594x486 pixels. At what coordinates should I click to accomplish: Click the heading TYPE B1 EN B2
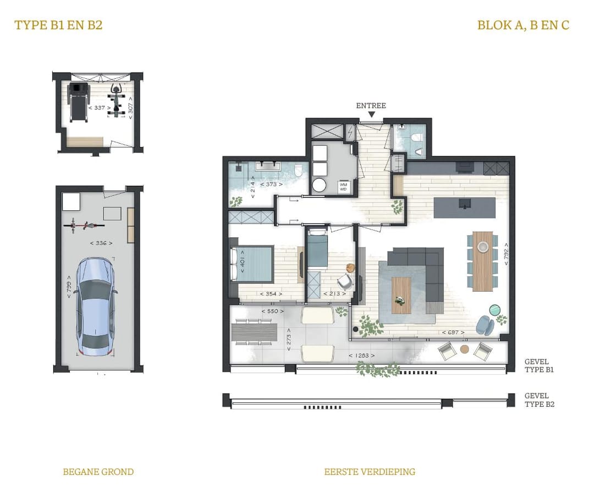coord(58,25)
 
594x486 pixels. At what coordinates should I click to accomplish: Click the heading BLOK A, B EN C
coord(523,25)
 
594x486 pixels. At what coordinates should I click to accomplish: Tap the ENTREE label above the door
coord(371,106)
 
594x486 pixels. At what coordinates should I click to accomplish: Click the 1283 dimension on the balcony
coord(362,356)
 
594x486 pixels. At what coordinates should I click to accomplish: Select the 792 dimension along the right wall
coord(505,255)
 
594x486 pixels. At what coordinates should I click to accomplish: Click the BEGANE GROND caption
coord(98,472)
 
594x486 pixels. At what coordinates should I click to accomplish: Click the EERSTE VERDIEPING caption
coord(370,472)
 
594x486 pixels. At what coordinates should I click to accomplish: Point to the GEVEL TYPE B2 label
coord(539,400)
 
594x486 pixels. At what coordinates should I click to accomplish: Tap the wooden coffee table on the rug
coord(401,295)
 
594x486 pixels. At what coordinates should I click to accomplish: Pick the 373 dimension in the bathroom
coord(269,184)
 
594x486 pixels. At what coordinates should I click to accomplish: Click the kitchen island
coord(464,207)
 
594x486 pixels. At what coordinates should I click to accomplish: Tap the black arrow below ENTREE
coord(372,114)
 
